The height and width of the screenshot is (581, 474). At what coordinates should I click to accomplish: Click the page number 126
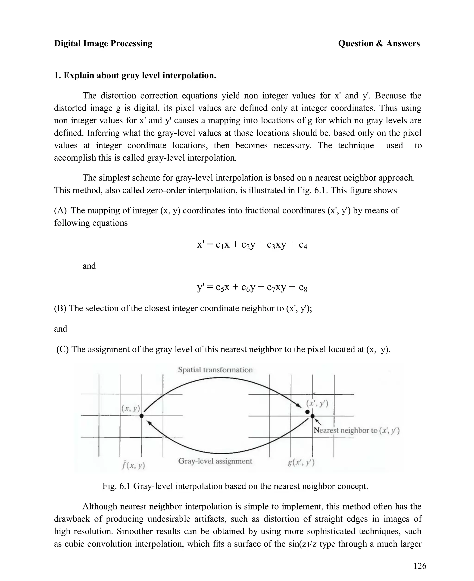pos(420,566)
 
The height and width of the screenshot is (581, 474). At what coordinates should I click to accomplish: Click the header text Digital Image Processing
pos(103,44)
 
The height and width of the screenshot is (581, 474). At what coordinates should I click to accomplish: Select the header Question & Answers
pos(379,44)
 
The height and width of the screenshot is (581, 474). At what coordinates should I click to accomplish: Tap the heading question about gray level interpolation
pos(135,75)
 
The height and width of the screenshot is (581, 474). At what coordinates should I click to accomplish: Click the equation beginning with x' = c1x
pos(252,245)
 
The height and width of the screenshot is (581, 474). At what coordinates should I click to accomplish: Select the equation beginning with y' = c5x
pos(252,287)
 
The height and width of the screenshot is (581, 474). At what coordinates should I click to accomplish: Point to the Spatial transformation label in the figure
pos(215,370)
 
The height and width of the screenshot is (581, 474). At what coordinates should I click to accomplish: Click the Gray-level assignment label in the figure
pos(215,461)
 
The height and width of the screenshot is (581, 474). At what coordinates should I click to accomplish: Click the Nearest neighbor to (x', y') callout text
pos(356,430)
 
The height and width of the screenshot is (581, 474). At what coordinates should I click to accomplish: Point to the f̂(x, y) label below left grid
pos(133,465)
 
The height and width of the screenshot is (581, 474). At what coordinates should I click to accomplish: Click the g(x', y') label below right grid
pos(301,462)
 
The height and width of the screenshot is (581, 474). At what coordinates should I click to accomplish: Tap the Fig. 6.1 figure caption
pos(235,486)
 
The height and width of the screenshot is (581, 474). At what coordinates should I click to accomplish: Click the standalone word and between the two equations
pos(89,266)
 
